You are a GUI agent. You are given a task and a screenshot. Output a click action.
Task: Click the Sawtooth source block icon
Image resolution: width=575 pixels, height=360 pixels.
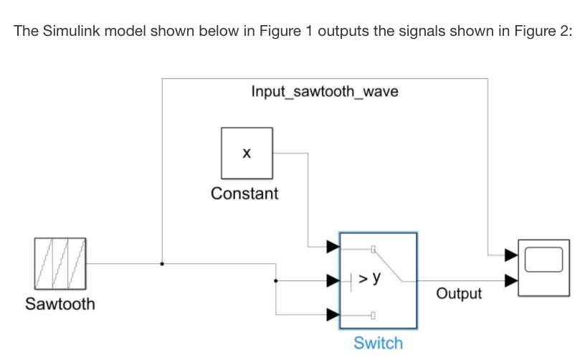click(x=60, y=263)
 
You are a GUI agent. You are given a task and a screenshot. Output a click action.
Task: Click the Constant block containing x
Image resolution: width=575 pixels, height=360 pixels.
click(x=247, y=153)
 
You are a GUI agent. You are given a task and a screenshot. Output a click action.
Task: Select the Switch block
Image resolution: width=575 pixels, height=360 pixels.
click(x=378, y=280)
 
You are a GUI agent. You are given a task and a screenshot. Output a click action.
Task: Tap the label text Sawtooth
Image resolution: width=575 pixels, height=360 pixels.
click(x=60, y=304)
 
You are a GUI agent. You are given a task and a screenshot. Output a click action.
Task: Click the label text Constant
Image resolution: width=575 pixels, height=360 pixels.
click(x=244, y=194)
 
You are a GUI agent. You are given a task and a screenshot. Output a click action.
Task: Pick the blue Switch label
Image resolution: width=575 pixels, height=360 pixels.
click(x=378, y=343)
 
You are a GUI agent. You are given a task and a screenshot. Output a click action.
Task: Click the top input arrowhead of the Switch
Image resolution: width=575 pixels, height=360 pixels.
click(x=333, y=247)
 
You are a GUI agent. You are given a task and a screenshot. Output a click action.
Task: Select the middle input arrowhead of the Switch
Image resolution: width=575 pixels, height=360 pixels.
click(x=333, y=280)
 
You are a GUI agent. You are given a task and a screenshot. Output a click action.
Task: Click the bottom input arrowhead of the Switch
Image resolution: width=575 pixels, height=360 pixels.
click(x=333, y=314)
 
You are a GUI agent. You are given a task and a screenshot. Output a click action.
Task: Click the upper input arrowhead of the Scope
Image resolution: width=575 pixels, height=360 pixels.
click(x=510, y=254)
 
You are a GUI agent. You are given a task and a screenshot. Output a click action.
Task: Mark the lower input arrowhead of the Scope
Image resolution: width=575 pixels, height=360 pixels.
click(x=510, y=280)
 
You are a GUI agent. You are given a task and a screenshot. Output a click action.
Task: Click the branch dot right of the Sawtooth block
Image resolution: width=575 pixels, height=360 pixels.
click(x=163, y=263)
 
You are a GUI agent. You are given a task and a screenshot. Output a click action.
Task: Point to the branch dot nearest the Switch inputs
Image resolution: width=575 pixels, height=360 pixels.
click(x=275, y=280)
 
